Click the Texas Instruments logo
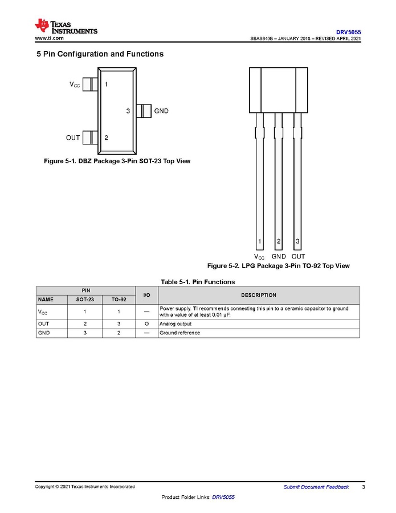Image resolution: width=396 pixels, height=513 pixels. (x=66, y=26)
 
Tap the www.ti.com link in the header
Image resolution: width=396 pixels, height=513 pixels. (x=49, y=38)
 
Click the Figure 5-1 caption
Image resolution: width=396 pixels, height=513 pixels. (x=117, y=161)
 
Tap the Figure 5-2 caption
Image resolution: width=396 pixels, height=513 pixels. (x=278, y=266)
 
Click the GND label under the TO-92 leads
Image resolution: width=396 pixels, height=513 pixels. (x=279, y=257)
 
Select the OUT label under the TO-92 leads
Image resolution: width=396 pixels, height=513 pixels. (x=298, y=257)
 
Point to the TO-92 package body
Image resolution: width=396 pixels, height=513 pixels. (x=279, y=89)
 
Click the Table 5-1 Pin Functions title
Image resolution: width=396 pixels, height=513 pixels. (x=198, y=282)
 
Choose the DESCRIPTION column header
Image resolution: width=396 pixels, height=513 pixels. (x=258, y=295)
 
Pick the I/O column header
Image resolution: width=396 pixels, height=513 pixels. (x=146, y=295)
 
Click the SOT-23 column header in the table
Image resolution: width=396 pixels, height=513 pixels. (x=85, y=299)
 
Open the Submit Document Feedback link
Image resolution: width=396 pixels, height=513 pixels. (x=316, y=487)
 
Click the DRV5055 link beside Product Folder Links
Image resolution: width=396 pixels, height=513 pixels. (x=223, y=497)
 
